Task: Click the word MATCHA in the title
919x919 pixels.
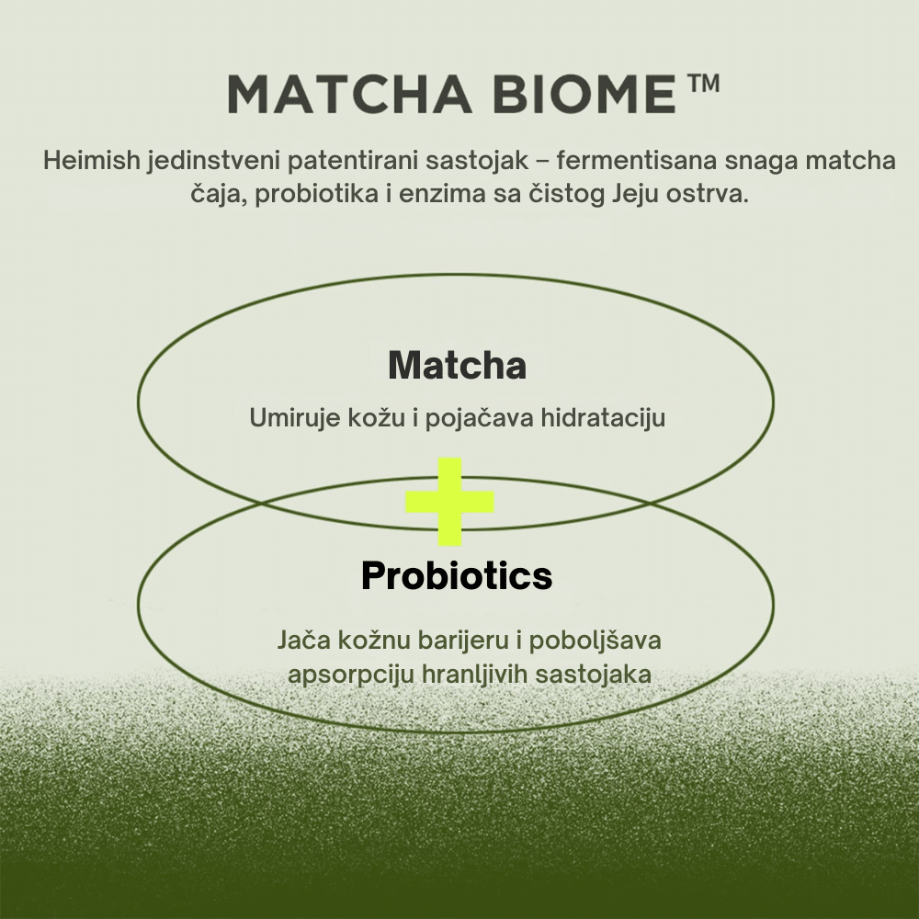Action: tap(349, 94)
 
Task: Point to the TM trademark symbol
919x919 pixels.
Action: tap(702, 83)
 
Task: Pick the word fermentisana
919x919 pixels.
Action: tap(637, 161)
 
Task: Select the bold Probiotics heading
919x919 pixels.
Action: tap(457, 575)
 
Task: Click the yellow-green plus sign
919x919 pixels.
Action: tap(450, 502)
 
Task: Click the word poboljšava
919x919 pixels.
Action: tap(595, 641)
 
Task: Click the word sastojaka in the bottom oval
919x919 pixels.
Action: tap(593, 674)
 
